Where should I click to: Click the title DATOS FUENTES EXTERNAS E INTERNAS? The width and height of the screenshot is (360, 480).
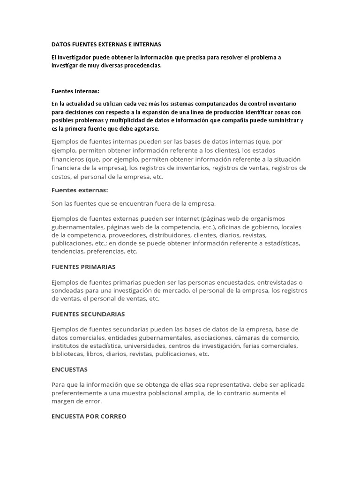pos(106,44)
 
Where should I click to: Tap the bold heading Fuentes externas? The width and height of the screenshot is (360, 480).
pos(79,190)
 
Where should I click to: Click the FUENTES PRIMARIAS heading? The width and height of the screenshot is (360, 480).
pos(83,267)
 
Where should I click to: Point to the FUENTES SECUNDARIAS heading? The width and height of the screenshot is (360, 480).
pos(88,314)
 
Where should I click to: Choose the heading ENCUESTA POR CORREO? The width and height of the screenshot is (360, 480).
pos(89,416)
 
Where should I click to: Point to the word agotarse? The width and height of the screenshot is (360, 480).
pos(145,128)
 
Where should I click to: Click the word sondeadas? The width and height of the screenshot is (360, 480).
pos(68,291)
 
